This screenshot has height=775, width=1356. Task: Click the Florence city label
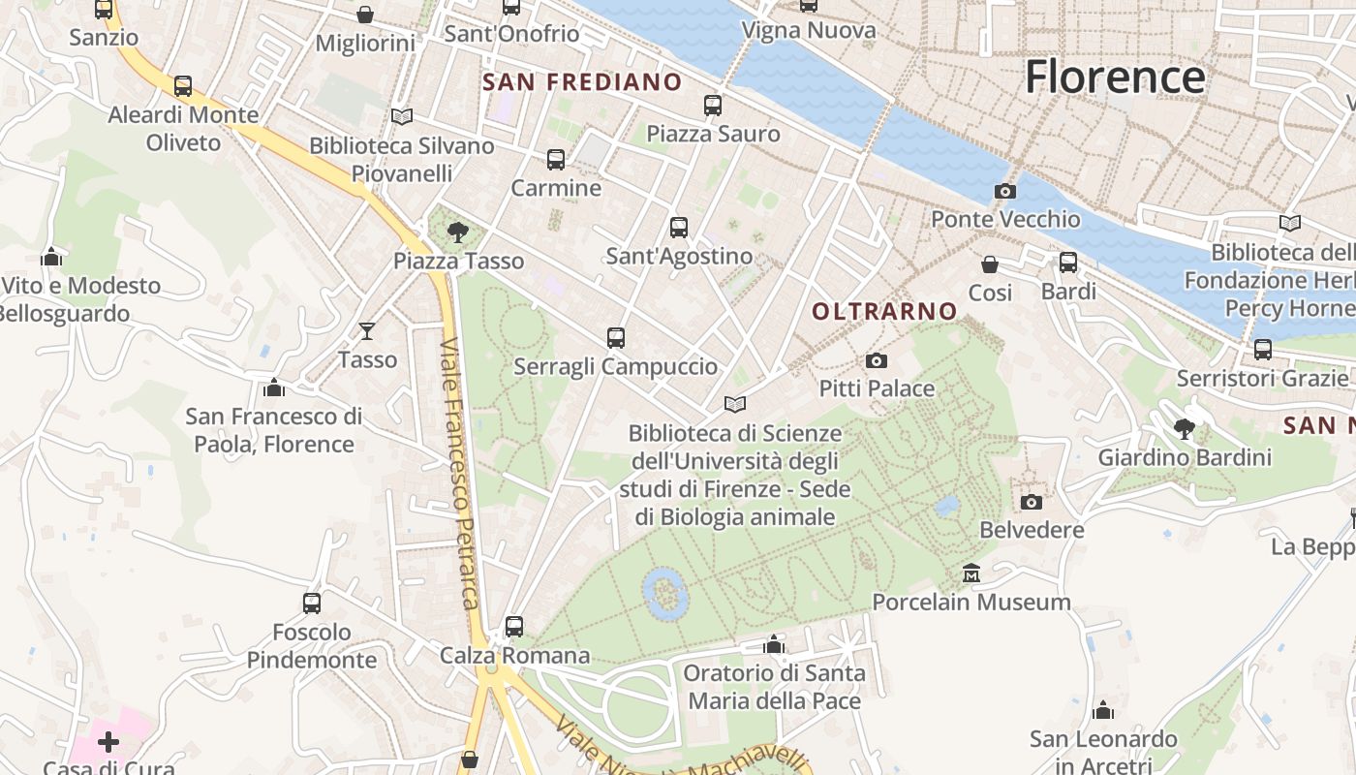click(1115, 77)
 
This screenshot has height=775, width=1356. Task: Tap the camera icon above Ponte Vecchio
click(1005, 192)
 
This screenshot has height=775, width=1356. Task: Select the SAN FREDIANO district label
click(582, 82)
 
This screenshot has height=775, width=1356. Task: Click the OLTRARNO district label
click(884, 312)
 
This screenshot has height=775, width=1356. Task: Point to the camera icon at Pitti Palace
click(877, 361)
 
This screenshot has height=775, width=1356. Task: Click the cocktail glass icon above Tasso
click(367, 331)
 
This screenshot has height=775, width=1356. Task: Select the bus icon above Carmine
click(556, 160)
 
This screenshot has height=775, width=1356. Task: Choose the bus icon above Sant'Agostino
click(679, 228)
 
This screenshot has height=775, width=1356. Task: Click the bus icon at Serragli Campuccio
click(616, 338)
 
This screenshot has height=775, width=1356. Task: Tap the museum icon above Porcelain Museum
click(971, 573)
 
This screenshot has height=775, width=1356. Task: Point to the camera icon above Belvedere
click(1032, 502)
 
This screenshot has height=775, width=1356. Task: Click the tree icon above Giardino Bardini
click(1184, 428)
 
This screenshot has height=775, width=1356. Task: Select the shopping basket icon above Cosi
click(990, 264)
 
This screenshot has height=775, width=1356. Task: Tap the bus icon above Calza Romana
click(514, 627)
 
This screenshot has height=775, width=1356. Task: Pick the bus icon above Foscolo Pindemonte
click(312, 604)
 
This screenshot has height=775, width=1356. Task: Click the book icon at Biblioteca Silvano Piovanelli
click(402, 117)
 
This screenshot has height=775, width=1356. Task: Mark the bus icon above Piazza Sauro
click(713, 106)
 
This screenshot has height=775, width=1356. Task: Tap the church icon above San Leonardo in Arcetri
click(1103, 711)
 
